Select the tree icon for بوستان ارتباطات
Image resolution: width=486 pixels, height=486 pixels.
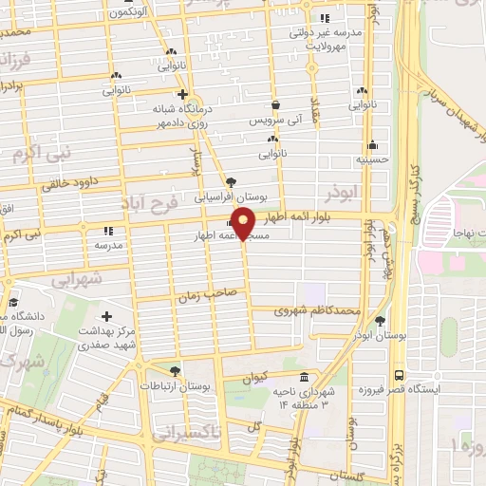click(x=174, y=371)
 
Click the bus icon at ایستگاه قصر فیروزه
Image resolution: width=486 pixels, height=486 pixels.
click(x=399, y=375)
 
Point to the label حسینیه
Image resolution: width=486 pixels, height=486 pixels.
click(x=373, y=160)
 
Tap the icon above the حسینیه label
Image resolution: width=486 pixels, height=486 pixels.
click(x=373, y=146)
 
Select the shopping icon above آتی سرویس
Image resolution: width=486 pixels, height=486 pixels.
click(x=275, y=105)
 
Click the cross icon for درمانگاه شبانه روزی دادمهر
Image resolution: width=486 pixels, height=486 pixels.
click(x=183, y=95)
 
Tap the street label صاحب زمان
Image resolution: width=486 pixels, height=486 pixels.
click(x=200, y=297)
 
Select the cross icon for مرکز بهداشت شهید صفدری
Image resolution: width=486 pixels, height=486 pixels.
click(x=106, y=316)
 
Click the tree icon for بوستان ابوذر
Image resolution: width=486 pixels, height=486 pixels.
click(x=381, y=321)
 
